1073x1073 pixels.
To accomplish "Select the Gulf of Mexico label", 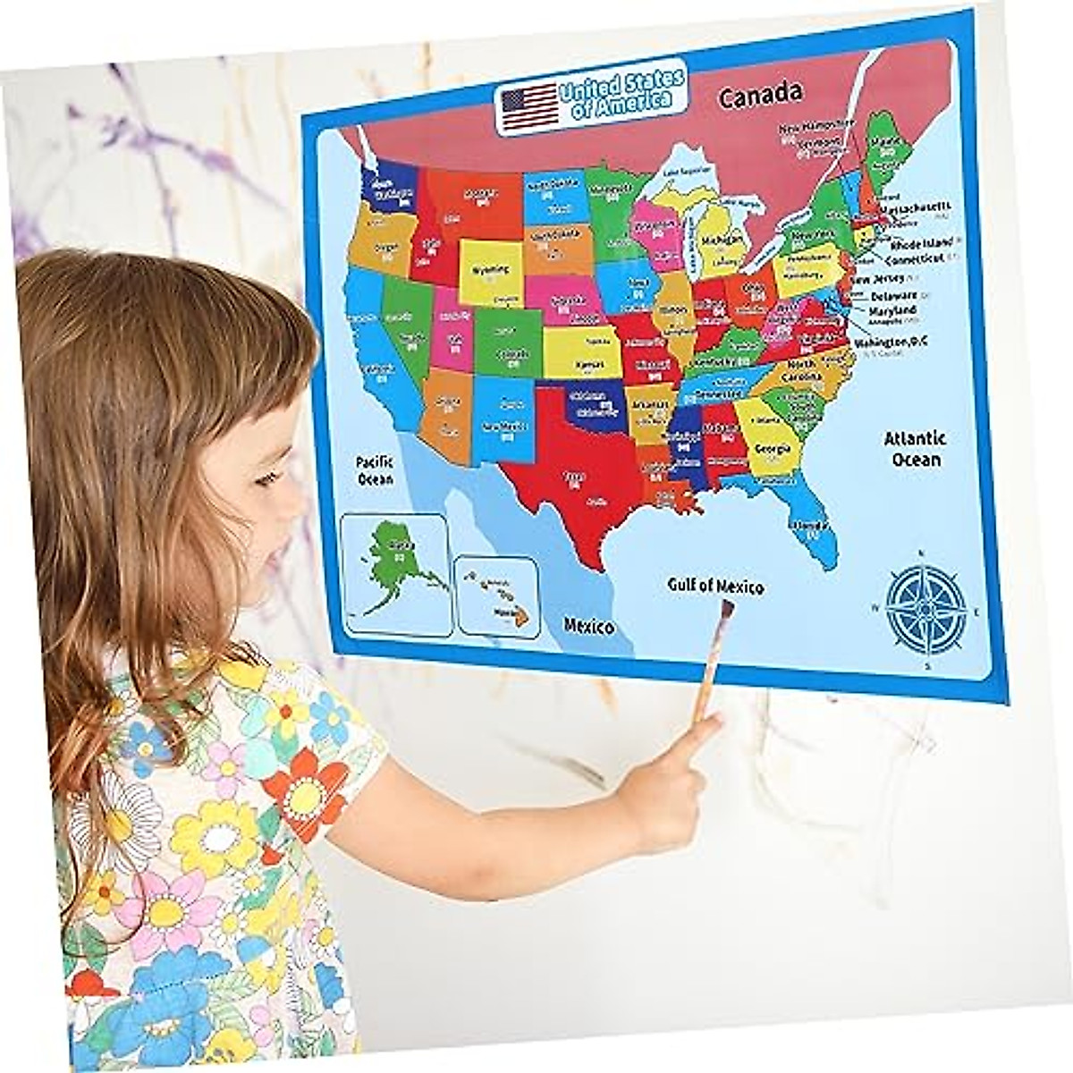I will tap(715, 587).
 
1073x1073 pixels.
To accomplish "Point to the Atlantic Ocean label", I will tap(915, 449).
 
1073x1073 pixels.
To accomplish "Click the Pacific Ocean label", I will tap(375, 471).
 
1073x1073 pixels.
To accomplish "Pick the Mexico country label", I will tap(587, 626).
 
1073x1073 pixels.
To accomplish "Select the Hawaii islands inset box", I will tap(497, 596).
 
